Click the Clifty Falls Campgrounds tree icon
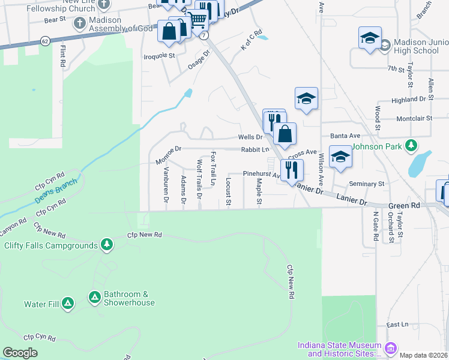click(107, 244)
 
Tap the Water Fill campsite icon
click(67, 304)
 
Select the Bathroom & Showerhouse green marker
click(94, 297)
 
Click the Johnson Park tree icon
click(411, 145)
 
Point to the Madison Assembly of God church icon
click(79, 23)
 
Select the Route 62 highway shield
click(46, 41)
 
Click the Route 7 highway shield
click(205, 35)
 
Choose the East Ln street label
click(397, 325)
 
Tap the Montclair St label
click(415, 118)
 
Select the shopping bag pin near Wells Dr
click(286, 134)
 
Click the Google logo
click(20, 353)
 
